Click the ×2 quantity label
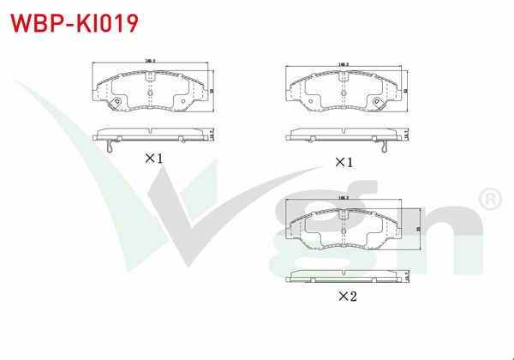point(346,297)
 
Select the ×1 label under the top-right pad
point(344,161)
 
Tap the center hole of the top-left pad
point(149,87)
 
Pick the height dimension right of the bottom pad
point(417,229)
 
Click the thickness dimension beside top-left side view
point(212,133)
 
